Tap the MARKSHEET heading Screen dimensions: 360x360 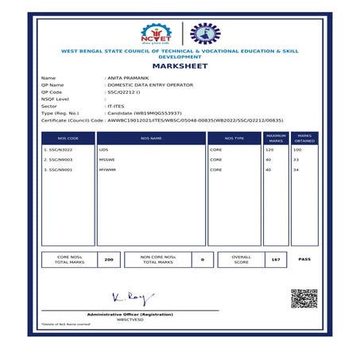tap(179, 67)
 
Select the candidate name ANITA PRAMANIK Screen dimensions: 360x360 tap(128, 78)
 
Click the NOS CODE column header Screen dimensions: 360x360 tap(68, 138)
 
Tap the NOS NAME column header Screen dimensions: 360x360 tap(151, 138)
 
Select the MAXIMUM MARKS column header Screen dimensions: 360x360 tap(275, 138)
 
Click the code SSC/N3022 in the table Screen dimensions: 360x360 tap(59, 149)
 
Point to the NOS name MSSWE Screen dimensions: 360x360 tap(107, 160)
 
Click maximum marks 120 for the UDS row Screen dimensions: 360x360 tap(269, 149)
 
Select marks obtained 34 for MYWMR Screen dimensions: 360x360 tap(296, 169)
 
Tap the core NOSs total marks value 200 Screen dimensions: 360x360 tap(109, 259)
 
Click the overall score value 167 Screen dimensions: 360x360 tap(275, 259)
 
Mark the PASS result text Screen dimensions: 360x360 tap(304, 259)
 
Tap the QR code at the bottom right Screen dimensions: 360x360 tap(304, 299)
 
